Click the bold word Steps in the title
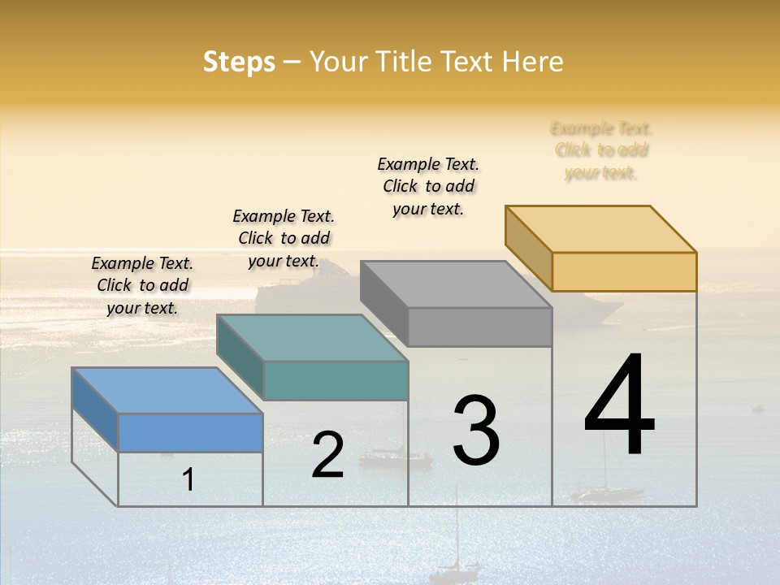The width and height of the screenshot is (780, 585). click(239, 62)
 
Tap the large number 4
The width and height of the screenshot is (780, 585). click(620, 406)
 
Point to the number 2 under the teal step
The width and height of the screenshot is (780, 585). click(327, 455)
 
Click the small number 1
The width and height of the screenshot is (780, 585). click(188, 479)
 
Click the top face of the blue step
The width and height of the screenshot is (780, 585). click(167, 390)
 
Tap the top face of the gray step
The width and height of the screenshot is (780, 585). click(455, 284)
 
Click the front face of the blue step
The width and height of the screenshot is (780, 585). click(190, 432)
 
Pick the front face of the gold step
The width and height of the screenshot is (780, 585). click(624, 271)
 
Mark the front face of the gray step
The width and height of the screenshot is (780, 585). click(479, 327)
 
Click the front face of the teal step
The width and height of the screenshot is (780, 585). click(336, 380)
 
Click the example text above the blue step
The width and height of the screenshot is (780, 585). click(142, 285)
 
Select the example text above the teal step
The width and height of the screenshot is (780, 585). click(284, 238)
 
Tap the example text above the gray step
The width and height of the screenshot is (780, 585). click(428, 186)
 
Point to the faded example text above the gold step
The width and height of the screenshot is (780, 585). click(601, 150)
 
